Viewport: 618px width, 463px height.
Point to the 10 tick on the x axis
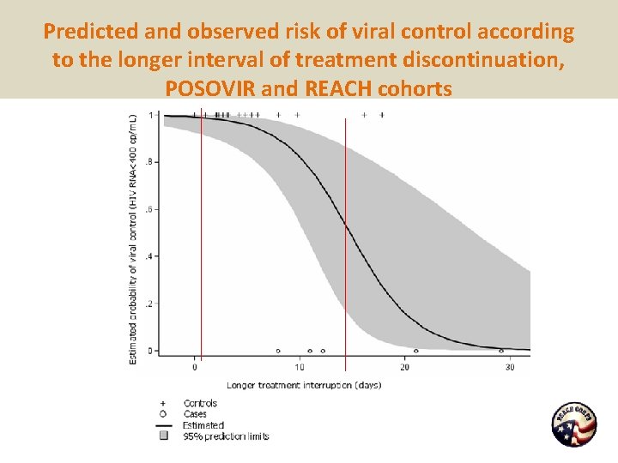[300, 368]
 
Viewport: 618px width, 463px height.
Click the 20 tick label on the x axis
[404, 368]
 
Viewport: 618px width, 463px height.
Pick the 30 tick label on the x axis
[509, 368]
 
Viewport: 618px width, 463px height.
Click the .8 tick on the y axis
[151, 162]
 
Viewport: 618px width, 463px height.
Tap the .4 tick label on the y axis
[151, 256]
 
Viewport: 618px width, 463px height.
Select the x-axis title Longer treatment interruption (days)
[304, 385]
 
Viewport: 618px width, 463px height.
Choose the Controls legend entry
[200, 403]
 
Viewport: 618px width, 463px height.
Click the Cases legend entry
[195, 414]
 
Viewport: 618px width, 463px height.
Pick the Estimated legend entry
[203, 425]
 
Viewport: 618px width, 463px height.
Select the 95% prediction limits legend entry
[225, 436]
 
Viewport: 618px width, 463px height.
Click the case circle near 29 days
[501, 351]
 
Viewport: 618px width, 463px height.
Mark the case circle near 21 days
[416, 351]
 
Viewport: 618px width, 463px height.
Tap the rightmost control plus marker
[382, 114]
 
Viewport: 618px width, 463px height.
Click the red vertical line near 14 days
[345, 240]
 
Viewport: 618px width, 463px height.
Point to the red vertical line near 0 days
[201, 240]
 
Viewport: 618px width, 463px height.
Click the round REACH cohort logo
[573, 424]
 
